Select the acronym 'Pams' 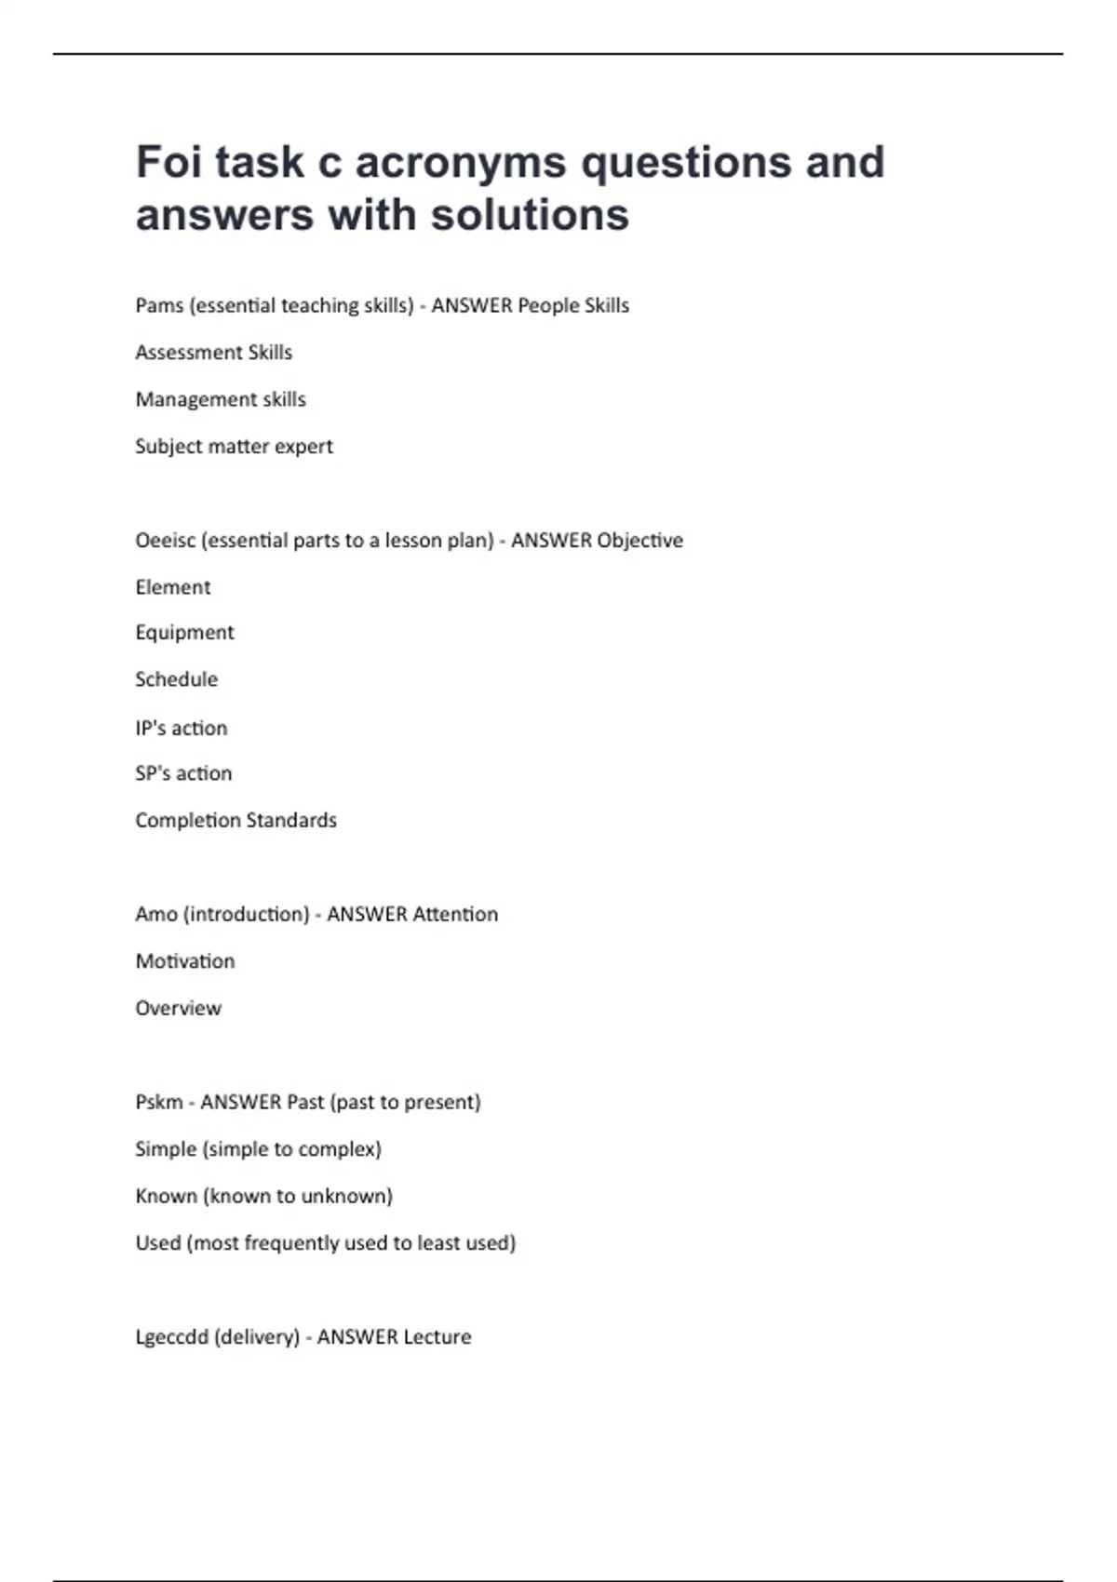(159, 306)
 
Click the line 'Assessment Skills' (214, 353)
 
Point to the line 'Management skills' (221, 399)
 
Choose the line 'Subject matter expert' (234, 447)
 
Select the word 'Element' (173, 587)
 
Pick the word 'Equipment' (184, 633)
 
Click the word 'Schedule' (176, 679)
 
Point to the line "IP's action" (182, 728)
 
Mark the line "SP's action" (183, 773)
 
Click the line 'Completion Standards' (236, 821)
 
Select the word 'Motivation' (185, 961)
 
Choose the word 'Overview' (178, 1009)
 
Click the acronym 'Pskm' (159, 1103)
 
